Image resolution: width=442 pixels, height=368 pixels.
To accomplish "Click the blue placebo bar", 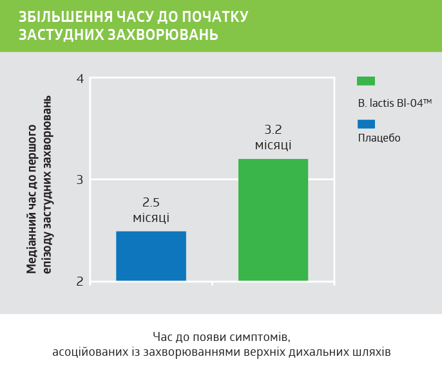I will (x=151, y=256).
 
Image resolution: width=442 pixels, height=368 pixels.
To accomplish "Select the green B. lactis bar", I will (x=273, y=219).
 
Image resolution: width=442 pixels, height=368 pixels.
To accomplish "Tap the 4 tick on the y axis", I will (x=80, y=79).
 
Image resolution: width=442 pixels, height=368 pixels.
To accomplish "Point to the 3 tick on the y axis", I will (x=80, y=179).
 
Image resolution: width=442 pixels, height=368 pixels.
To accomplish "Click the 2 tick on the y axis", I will (x=80, y=281).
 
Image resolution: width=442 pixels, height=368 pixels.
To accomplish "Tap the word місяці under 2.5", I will (x=151, y=218).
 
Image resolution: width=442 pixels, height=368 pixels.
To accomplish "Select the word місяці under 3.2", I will (x=273, y=145).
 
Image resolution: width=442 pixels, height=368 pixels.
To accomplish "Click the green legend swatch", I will (x=366, y=81).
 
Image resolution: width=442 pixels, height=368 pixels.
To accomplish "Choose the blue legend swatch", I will (x=366, y=124).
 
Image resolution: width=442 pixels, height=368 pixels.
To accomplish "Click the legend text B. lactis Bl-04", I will (x=394, y=102).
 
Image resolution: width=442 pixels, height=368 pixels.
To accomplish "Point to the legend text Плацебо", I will (x=379, y=138).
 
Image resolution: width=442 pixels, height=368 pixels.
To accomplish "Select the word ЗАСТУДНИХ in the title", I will (x=61, y=35).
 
